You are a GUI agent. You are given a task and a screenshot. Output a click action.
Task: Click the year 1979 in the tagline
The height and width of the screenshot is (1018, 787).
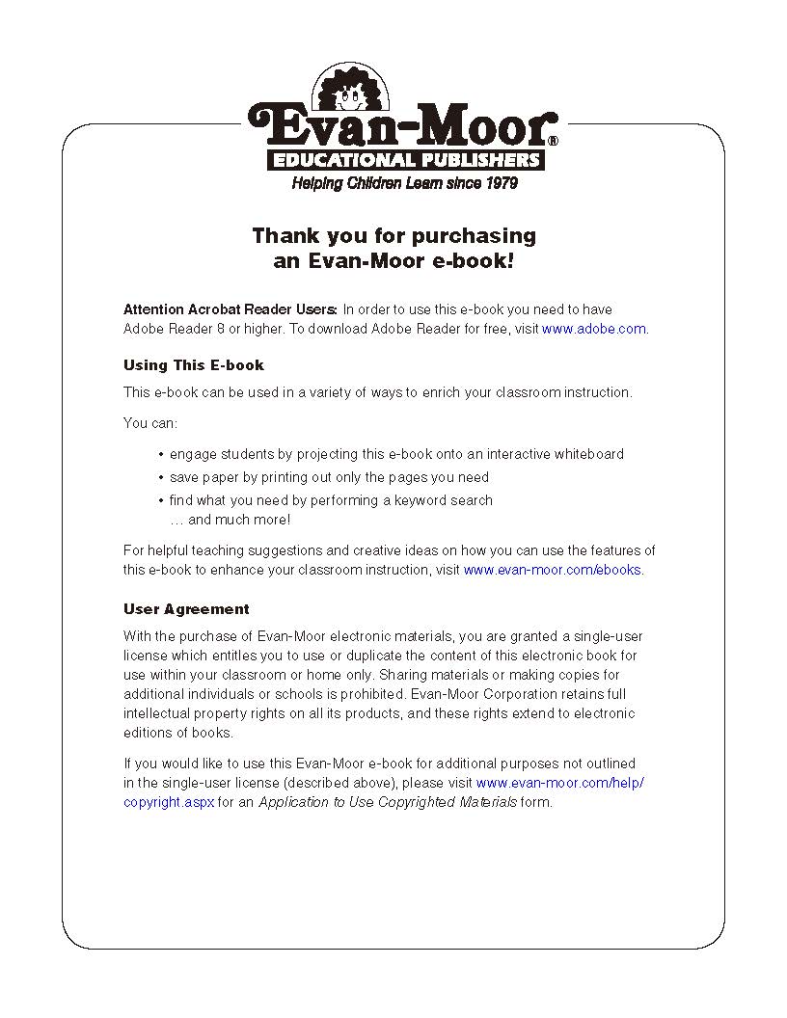pos(498,183)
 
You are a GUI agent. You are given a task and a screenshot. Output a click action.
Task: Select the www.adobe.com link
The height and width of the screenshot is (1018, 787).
pos(593,329)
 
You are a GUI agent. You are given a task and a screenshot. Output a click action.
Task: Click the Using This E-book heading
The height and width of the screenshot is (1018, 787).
pos(193,365)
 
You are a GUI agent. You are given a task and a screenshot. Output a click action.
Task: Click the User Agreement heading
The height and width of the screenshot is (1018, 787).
pos(186,609)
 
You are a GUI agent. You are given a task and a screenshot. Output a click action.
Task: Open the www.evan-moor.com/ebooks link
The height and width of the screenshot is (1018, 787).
pos(553,570)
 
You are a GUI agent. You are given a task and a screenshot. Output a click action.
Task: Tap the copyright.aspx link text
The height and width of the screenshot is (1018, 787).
pos(169,802)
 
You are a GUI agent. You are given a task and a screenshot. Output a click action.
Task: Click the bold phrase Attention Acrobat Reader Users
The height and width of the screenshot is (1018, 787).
pos(231,309)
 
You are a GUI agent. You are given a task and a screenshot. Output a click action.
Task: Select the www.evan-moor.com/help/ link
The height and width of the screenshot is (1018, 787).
pos(559,783)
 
